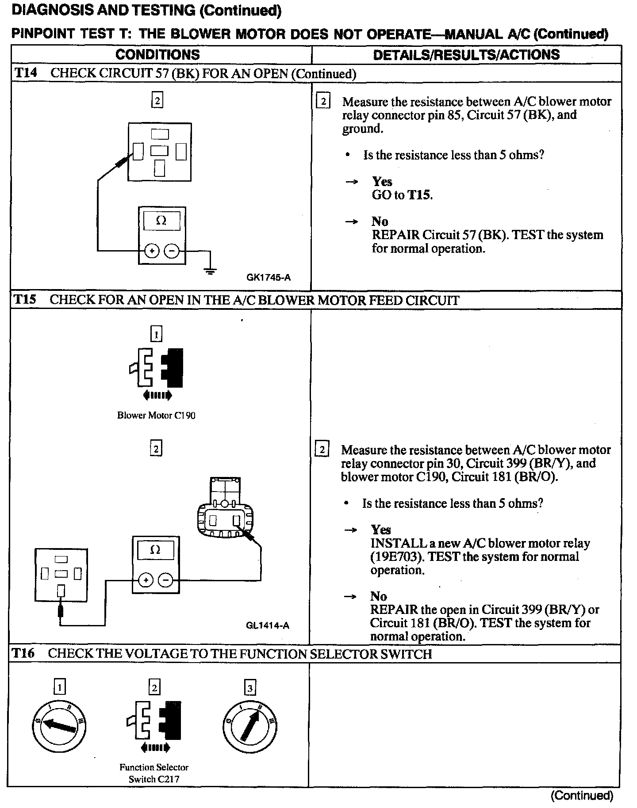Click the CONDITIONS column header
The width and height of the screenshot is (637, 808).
[157, 55]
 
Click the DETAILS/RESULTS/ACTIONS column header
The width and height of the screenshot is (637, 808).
[466, 55]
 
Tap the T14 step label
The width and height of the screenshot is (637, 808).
[26, 73]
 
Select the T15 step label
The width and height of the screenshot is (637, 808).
[25, 300]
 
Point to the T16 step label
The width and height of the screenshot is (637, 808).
[23, 653]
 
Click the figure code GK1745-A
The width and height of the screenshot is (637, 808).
[269, 278]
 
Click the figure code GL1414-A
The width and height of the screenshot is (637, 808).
[268, 625]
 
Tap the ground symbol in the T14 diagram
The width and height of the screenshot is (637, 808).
[211, 271]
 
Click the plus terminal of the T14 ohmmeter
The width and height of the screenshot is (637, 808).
[152, 251]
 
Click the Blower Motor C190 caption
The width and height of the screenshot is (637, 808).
[156, 415]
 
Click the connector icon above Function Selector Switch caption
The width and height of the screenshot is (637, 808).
[154, 724]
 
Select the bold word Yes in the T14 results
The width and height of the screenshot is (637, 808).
[382, 181]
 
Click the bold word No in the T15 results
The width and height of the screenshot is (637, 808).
[379, 596]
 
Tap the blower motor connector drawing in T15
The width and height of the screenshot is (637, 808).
[226, 508]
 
